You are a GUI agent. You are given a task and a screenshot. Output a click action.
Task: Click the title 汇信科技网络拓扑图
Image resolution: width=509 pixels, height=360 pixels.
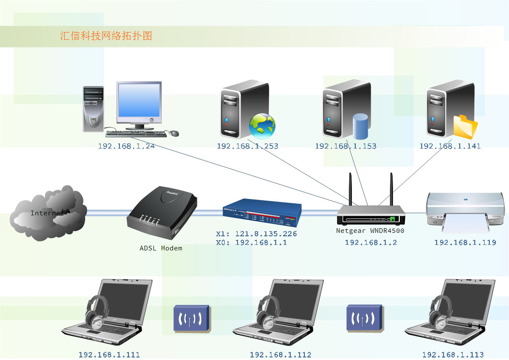point(106,36)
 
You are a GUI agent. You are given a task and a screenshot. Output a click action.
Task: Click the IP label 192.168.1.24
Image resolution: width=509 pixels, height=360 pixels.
point(126,146)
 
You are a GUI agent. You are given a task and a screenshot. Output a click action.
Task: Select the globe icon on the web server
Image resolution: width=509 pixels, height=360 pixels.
point(262,126)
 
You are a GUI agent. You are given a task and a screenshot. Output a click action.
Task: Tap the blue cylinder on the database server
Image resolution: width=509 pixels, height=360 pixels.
point(360,126)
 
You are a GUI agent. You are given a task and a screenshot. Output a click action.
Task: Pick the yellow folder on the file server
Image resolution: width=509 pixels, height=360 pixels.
point(465,127)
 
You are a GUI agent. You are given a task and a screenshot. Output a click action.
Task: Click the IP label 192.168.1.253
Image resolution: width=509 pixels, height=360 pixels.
point(247,146)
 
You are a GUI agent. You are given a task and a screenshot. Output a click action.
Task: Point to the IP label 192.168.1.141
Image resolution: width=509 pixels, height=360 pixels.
point(450,146)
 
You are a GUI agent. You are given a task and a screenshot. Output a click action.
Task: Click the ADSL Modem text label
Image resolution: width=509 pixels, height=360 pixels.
point(161,248)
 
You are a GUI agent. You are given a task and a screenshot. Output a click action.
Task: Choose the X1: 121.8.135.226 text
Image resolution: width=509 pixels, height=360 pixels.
point(256,234)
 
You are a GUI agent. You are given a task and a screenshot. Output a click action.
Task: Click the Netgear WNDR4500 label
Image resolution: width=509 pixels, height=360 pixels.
point(370,231)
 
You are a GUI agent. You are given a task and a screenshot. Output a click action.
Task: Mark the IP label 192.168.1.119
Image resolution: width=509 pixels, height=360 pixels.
point(465,243)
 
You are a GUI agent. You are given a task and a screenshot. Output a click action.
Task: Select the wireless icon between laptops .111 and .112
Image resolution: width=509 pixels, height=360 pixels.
point(191,318)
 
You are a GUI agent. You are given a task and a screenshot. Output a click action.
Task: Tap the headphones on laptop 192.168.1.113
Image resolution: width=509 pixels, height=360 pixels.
point(440,310)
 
